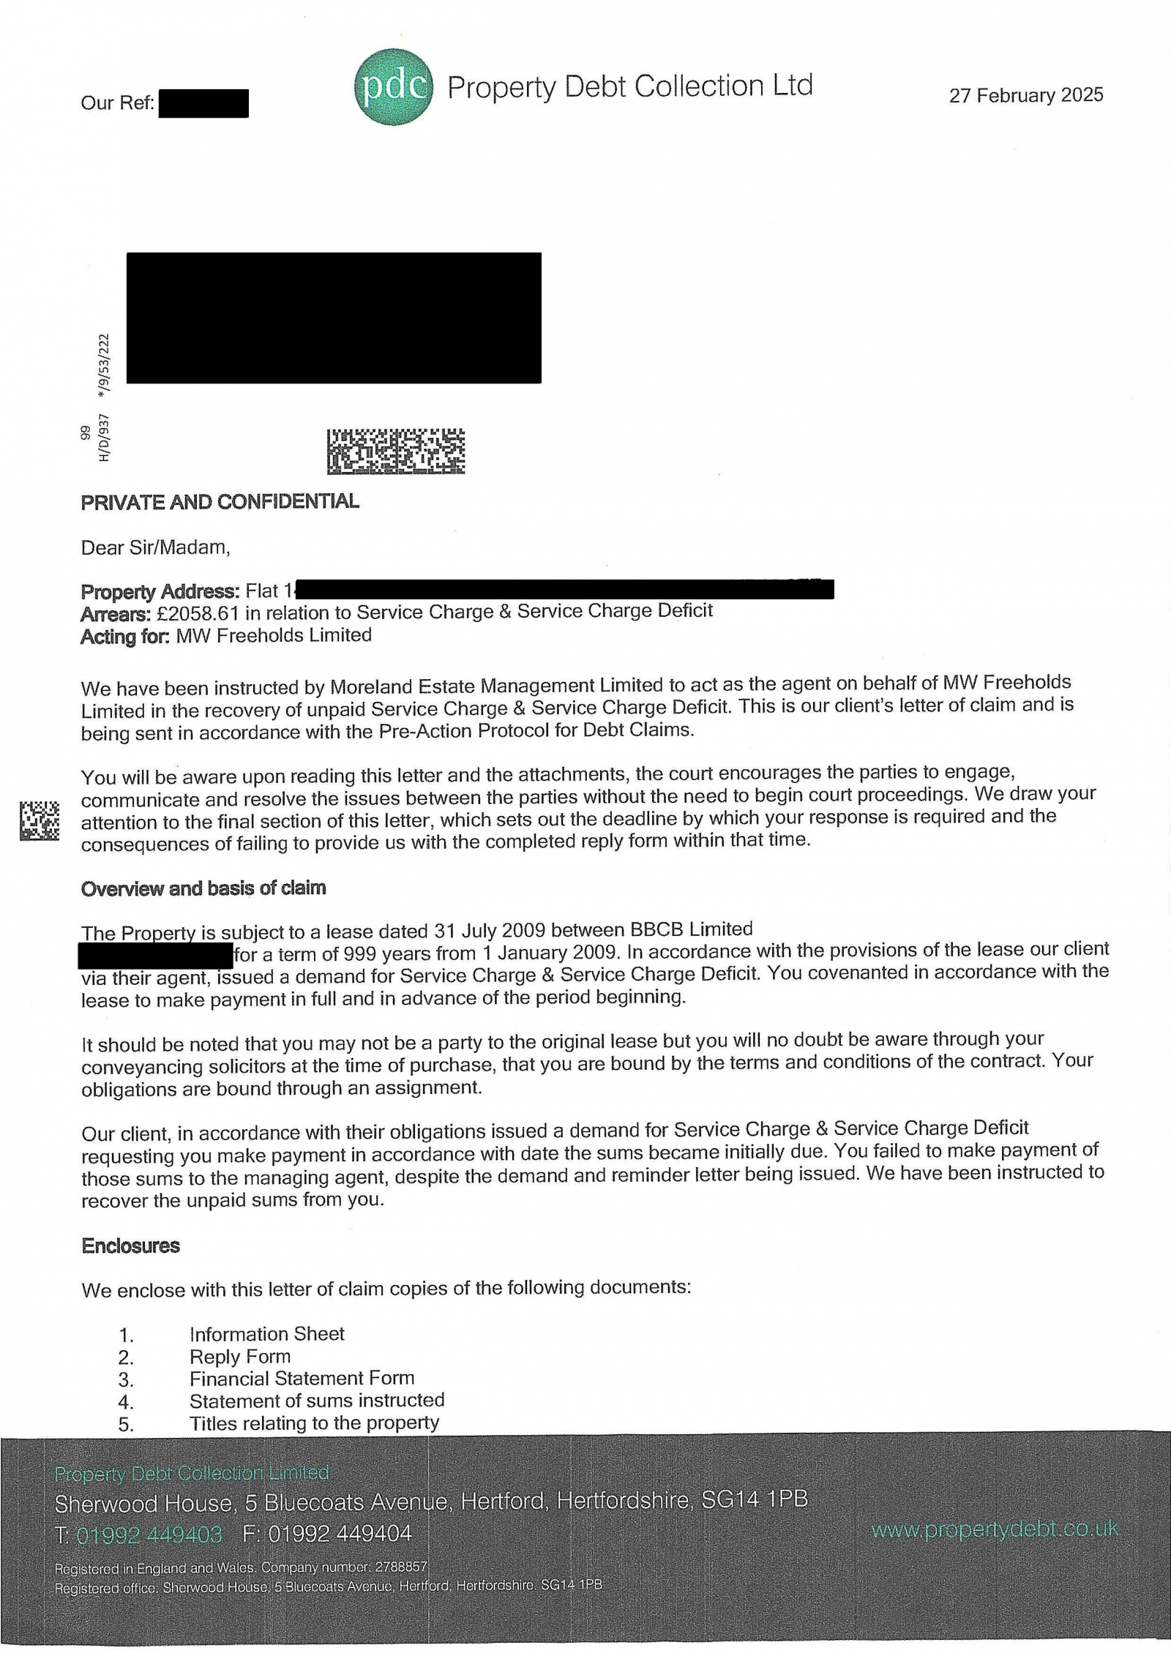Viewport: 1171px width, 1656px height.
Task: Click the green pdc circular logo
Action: click(393, 86)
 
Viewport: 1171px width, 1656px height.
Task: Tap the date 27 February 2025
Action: click(1025, 96)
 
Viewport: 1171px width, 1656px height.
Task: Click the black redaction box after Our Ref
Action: click(203, 103)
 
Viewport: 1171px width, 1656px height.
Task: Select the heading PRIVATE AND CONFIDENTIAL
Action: click(220, 502)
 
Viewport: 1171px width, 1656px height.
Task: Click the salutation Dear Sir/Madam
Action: click(155, 547)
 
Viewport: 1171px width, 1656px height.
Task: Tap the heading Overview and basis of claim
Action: click(203, 888)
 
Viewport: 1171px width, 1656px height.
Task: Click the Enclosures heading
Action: click(130, 1245)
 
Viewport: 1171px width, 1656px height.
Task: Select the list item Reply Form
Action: click(240, 1356)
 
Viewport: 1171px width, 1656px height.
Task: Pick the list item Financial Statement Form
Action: click(302, 1379)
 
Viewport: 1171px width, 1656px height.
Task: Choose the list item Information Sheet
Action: click(266, 1333)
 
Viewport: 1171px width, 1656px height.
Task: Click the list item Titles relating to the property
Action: click(314, 1423)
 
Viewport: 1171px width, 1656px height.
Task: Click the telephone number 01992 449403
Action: click(149, 1534)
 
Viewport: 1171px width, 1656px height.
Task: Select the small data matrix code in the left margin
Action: click(39, 821)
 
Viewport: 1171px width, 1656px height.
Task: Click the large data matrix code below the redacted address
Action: click(395, 451)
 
